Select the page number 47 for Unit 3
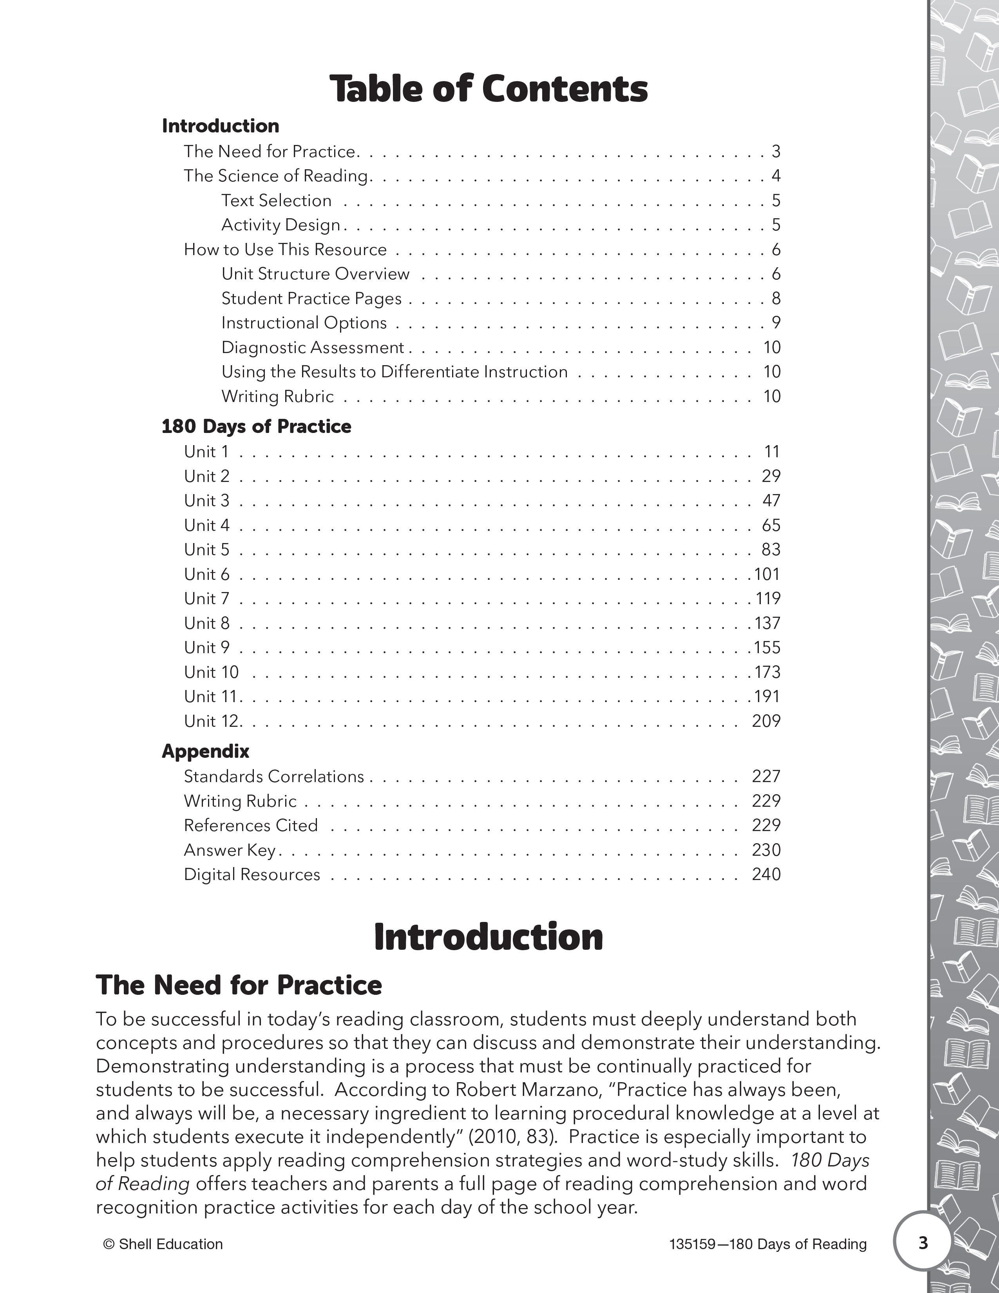(x=771, y=501)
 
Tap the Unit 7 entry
(x=206, y=599)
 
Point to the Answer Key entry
(x=230, y=850)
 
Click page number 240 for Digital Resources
(x=766, y=875)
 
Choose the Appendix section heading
(x=205, y=751)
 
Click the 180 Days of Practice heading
(x=256, y=426)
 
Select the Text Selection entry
(x=276, y=201)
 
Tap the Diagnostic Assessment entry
(x=313, y=348)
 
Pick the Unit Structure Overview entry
(x=315, y=274)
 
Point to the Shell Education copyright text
(x=163, y=1244)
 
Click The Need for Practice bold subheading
(x=239, y=985)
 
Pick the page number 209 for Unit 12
(x=766, y=721)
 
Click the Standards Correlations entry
(x=274, y=777)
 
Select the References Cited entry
(x=251, y=825)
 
